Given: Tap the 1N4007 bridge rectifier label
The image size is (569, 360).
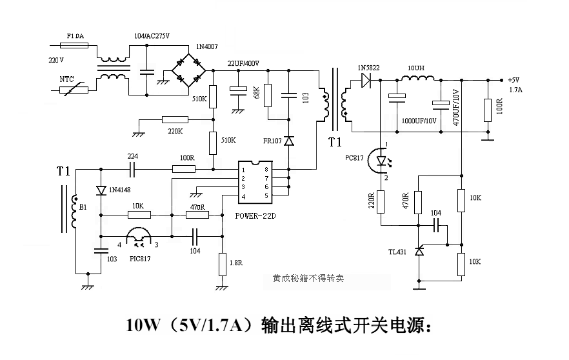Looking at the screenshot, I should tap(207, 48).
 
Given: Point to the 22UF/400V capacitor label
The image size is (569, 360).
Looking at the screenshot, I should tap(243, 63).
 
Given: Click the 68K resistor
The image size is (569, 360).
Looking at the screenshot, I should tap(268, 94).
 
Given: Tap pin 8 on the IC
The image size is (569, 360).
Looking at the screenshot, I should tap(266, 168).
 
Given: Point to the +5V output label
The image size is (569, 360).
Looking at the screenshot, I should tap(514, 81).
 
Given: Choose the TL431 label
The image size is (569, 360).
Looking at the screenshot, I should tap(397, 252).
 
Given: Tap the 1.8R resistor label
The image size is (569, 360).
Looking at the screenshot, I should tap(237, 263).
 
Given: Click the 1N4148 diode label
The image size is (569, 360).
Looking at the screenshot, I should tap(121, 190).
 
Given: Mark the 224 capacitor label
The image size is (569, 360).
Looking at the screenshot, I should tap(133, 156).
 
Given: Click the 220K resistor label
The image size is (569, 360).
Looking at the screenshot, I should tap(174, 131).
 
